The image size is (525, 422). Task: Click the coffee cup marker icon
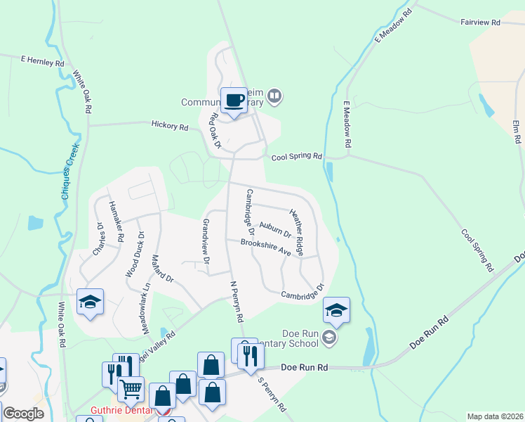coord(234,100)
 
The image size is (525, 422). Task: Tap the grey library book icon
coord(275,95)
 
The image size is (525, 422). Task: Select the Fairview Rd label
coord(480,23)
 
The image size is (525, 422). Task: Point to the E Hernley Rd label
coord(42,62)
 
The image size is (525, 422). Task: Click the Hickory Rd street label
coord(170,127)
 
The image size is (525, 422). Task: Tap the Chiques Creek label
coord(69,172)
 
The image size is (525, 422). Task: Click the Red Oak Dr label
coord(211,130)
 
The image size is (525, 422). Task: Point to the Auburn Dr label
coord(274,229)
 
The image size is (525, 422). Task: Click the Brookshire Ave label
coord(265,247)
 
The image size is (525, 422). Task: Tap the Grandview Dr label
coord(206,241)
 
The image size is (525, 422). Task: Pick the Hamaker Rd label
coord(114,222)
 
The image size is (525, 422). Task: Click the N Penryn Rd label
coord(237,302)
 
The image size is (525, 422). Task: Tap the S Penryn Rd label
coord(272,395)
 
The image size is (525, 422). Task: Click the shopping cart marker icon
coord(130,388)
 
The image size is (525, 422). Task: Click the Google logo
coord(23,414)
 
